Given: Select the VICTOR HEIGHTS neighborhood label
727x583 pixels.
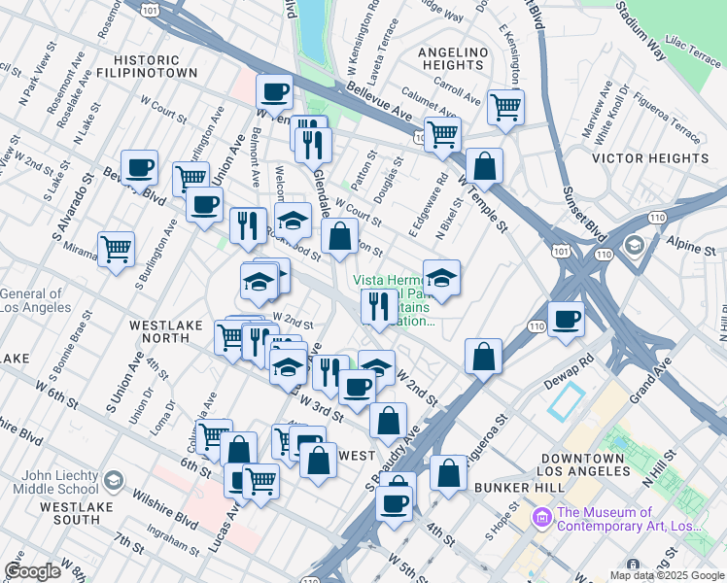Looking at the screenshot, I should (x=650, y=157).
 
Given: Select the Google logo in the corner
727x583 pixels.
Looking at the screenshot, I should (x=32, y=571).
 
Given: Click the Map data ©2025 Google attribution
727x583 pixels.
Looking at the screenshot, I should (x=666, y=574).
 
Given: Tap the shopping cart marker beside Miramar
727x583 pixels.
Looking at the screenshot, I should (x=116, y=249).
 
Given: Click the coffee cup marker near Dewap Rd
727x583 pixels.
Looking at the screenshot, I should (x=566, y=319).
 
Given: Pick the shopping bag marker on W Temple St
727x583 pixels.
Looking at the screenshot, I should (x=484, y=165).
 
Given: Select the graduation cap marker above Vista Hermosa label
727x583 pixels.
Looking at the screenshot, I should (x=441, y=277).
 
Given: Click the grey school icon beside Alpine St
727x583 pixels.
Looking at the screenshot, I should (x=635, y=244).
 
